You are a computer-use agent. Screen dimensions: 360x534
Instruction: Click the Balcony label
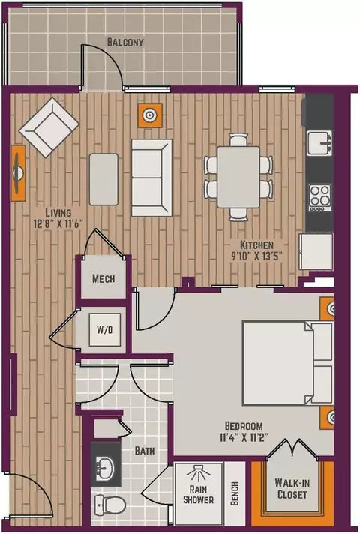(x=125, y=42)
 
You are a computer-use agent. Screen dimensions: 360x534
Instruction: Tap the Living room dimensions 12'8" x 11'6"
(x=58, y=223)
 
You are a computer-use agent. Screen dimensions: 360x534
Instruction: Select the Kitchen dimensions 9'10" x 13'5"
(x=257, y=256)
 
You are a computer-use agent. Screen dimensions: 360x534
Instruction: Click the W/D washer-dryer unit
(x=104, y=330)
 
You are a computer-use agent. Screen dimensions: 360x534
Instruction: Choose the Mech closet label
(x=103, y=278)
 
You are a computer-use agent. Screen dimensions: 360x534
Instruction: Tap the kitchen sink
(x=319, y=143)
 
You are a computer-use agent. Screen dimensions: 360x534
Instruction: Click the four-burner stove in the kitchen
(x=319, y=197)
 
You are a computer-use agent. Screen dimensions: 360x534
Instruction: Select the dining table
(x=238, y=177)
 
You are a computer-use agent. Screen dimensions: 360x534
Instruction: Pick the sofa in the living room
(x=152, y=178)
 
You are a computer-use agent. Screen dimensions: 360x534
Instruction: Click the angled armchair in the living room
(x=49, y=127)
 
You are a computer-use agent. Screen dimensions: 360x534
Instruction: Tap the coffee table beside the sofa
(x=104, y=179)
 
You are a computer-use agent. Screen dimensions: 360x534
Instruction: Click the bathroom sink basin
(x=106, y=465)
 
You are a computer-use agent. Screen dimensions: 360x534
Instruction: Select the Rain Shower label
(x=198, y=494)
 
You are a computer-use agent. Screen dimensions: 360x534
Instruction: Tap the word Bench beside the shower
(x=235, y=493)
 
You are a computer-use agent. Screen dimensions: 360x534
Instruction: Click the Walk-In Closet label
(x=292, y=488)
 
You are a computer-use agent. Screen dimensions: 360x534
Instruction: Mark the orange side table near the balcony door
(x=149, y=115)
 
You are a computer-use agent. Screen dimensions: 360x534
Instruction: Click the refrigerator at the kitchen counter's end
(x=316, y=251)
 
